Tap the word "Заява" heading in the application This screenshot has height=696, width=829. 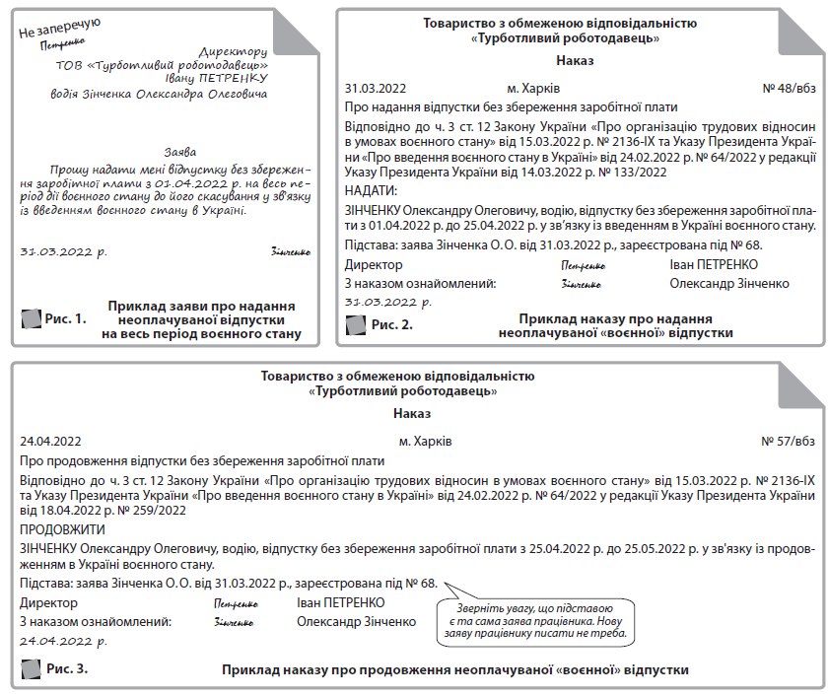(x=179, y=152)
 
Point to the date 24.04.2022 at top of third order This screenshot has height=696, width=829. (x=50, y=441)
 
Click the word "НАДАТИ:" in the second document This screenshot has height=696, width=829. (x=371, y=190)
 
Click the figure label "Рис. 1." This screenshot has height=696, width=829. (x=66, y=318)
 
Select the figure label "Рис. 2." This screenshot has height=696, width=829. (x=391, y=323)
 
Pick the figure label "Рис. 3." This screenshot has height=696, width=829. (x=68, y=669)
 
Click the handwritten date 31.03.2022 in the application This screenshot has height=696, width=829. (x=64, y=251)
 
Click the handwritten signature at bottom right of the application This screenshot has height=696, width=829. (x=290, y=252)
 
